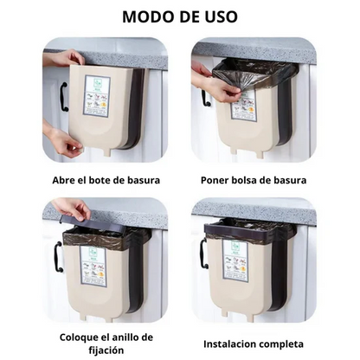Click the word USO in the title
point(221,16)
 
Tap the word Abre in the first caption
point(61,180)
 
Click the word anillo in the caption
point(121,337)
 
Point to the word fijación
point(106,350)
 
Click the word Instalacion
point(229,344)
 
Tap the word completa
point(281,344)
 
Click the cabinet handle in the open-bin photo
point(63,97)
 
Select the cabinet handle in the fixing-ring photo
point(57,257)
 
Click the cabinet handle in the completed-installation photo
point(203,253)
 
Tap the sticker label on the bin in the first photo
point(97,96)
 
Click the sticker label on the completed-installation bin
point(235,260)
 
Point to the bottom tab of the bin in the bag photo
point(260,152)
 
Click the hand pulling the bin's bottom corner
point(62,140)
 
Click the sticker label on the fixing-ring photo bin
point(93,267)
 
